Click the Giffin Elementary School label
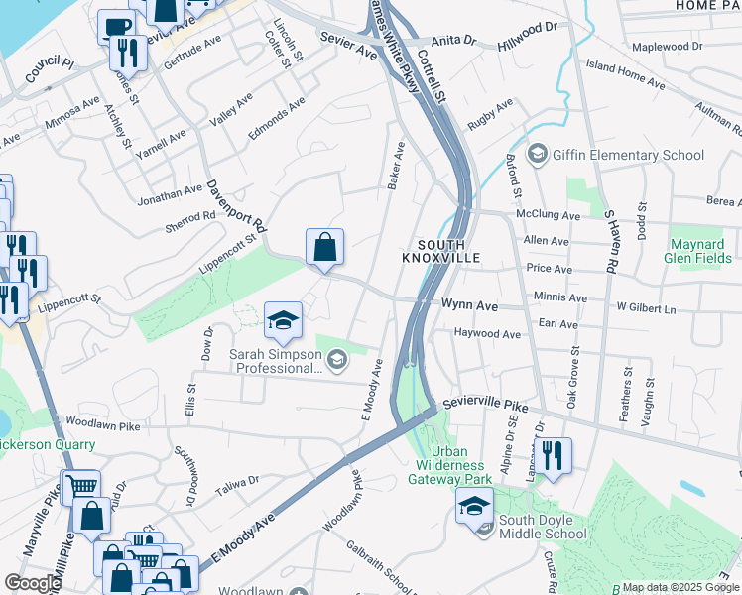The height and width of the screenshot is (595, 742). click(629, 155)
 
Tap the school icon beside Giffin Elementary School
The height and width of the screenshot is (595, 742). click(539, 154)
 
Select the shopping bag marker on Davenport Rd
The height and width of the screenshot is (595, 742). click(325, 248)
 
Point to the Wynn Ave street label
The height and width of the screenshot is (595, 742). click(469, 307)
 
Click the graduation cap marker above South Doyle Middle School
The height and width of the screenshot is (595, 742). click(474, 506)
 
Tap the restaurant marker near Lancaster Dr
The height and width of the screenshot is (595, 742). click(553, 456)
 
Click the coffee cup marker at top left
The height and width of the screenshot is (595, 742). click(115, 27)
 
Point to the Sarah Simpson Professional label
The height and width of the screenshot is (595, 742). click(275, 361)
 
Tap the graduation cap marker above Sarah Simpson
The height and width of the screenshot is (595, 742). click(283, 320)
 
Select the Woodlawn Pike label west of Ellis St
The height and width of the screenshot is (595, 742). click(100, 425)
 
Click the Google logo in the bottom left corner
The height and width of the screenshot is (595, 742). click(33, 583)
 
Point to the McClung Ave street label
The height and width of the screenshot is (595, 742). click(548, 215)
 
